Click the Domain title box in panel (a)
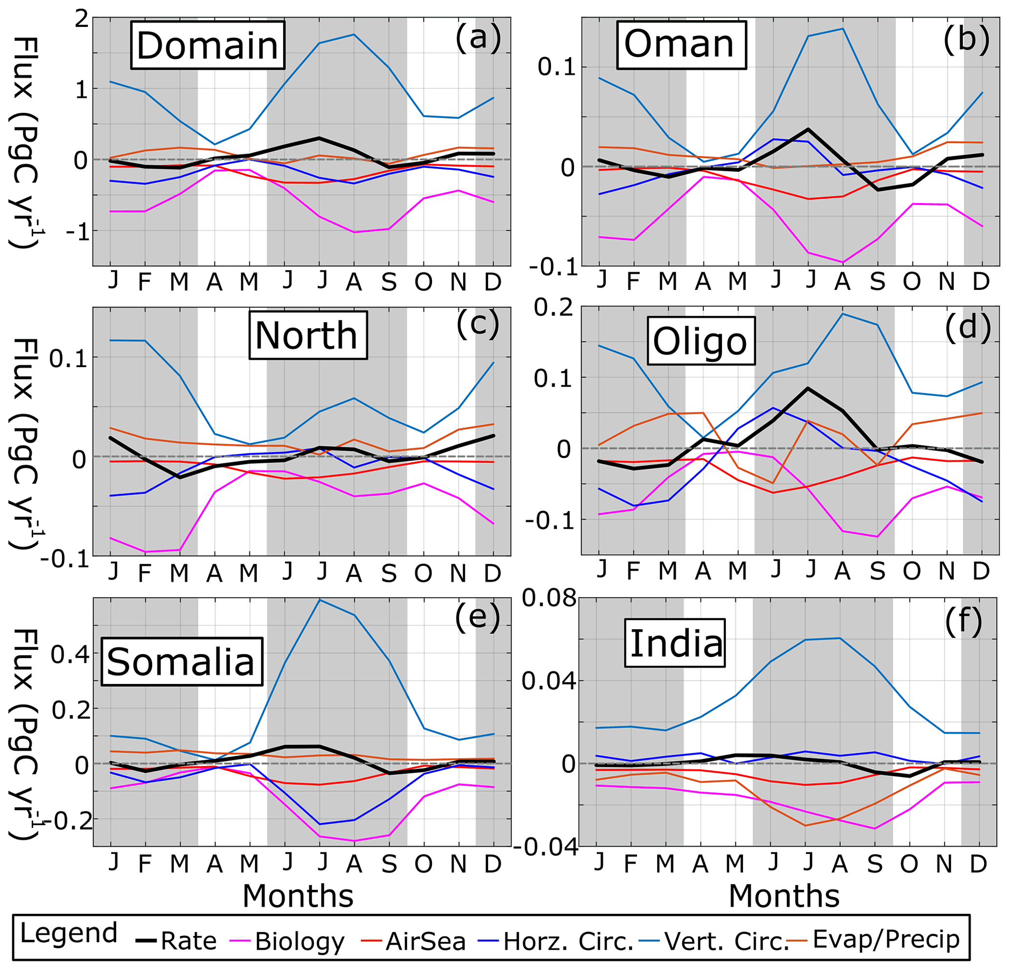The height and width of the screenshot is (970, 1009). [207, 45]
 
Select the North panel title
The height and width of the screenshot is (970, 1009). [308, 335]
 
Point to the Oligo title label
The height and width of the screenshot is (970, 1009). [700, 341]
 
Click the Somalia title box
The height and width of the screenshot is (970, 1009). [181, 661]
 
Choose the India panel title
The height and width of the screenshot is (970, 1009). [677, 643]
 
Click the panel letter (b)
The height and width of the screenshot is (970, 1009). [966, 39]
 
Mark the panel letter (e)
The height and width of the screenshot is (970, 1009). [477, 616]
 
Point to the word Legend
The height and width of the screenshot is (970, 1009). [69, 933]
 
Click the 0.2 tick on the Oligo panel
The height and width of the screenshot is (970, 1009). [553, 308]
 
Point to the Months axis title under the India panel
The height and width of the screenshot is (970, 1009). [784, 896]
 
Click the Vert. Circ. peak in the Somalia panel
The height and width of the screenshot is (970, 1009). [320, 600]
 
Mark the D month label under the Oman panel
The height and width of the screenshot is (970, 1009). [981, 281]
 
